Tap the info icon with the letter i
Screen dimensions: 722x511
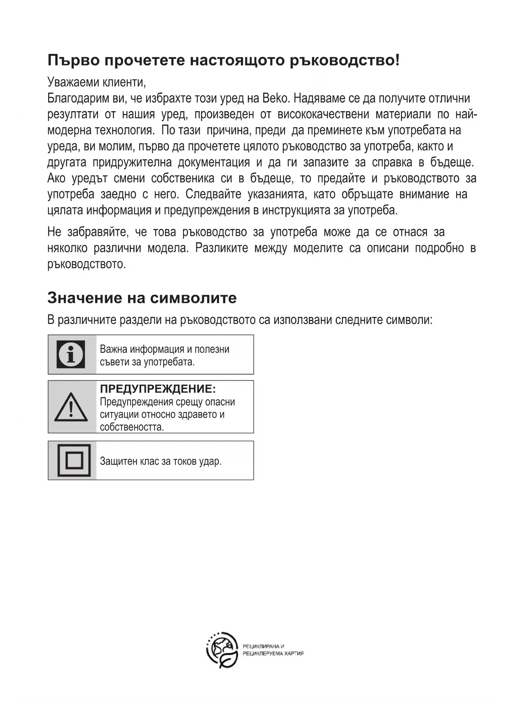(71, 354)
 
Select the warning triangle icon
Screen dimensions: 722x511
(71, 407)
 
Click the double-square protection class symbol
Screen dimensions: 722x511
(74, 460)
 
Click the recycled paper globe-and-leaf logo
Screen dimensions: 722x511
(222, 650)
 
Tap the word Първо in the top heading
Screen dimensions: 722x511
(73, 61)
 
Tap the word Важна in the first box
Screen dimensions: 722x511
(113, 349)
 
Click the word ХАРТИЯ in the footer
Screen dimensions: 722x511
(294, 654)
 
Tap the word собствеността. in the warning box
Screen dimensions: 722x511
(132, 427)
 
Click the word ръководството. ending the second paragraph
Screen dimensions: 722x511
(86, 264)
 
